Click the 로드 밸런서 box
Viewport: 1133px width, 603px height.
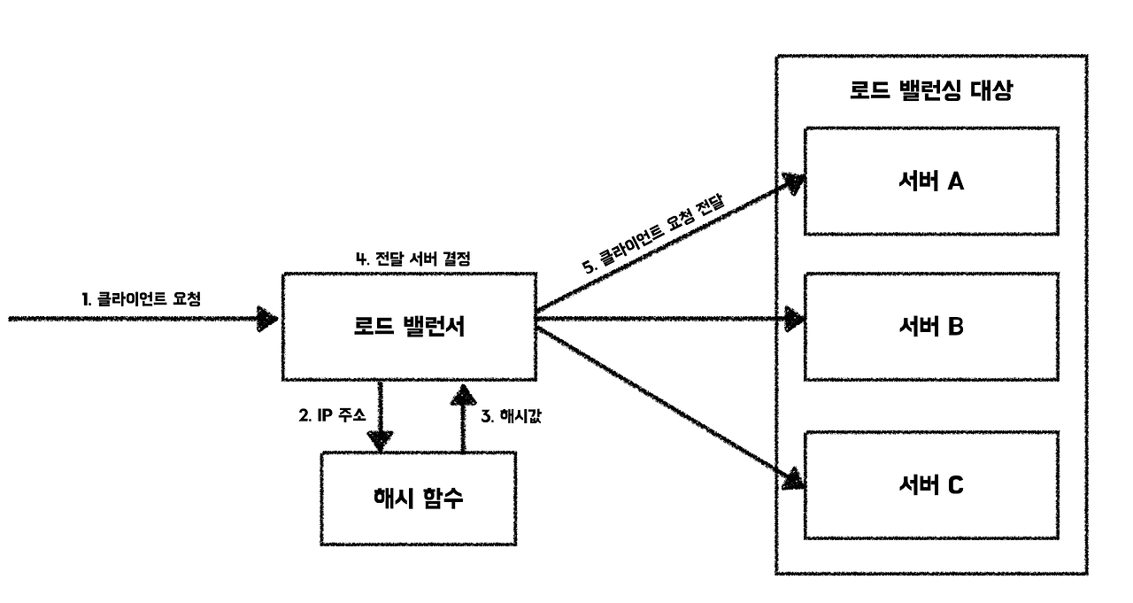tap(408, 327)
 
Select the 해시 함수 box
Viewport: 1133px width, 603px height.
tap(419, 498)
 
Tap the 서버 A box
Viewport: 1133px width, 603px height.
tap(930, 182)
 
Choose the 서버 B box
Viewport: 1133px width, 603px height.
tap(930, 327)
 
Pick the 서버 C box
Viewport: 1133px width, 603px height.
tap(930, 484)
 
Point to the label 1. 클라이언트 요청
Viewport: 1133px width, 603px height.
tap(142, 298)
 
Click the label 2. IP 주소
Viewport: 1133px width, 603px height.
tap(332, 414)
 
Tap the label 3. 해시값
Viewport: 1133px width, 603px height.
tap(510, 414)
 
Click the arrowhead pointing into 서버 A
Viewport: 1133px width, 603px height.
tap(793, 184)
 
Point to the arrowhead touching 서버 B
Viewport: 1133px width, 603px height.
tap(794, 319)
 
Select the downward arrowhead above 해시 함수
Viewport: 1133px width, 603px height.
tap(381, 439)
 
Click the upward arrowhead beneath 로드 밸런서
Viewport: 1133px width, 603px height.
tap(461, 393)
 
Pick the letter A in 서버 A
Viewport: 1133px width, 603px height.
tap(955, 182)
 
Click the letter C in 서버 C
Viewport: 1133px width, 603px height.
tap(955, 484)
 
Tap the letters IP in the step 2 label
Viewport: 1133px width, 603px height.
tap(323, 414)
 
